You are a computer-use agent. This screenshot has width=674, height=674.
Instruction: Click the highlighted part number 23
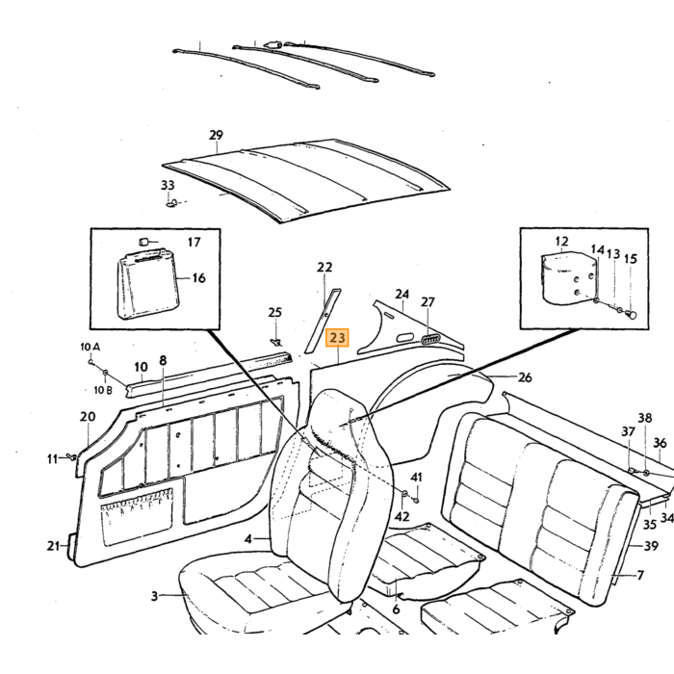pyautogui.click(x=337, y=338)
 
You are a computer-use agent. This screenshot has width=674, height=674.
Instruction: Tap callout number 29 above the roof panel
pyautogui.click(x=217, y=135)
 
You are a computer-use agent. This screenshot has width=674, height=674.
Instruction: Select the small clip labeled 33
pyautogui.click(x=171, y=201)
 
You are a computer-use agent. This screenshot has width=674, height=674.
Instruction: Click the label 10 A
pyautogui.click(x=91, y=347)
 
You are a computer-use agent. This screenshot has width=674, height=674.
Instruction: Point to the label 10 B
pyautogui.click(x=103, y=390)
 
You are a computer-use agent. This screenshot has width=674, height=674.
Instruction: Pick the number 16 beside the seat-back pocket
pyautogui.click(x=198, y=277)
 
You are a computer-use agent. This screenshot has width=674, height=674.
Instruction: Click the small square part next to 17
pyautogui.click(x=144, y=241)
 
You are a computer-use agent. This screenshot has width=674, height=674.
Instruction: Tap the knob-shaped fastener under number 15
pyautogui.click(x=631, y=314)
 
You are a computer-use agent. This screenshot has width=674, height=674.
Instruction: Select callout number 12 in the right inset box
pyautogui.click(x=561, y=242)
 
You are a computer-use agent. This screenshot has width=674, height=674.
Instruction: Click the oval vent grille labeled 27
pyautogui.click(x=429, y=340)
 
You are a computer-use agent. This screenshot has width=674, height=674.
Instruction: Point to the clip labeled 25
pyautogui.click(x=276, y=342)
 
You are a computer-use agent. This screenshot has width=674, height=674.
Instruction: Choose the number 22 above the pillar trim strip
pyautogui.click(x=324, y=268)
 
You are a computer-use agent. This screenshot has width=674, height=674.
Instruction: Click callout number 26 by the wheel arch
pyautogui.click(x=525, y=377)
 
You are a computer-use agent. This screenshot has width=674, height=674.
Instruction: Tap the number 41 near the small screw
pyautogui.click(x=416, y=478)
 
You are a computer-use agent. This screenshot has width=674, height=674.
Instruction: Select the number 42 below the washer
pyautogui.click(x=402, y=516)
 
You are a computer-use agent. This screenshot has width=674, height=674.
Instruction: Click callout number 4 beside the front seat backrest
pyautogui.click(x=248, y=538)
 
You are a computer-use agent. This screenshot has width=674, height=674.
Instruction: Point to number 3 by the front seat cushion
pyautogui.click(x=154, y=596)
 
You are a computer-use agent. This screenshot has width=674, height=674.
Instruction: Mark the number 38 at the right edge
pyautogui.click(x=645, y=418)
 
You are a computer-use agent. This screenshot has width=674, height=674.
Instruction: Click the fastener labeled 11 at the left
pyautogui.click(x=71, y=456)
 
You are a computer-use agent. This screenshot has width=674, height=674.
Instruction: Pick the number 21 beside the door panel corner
pyautogui.click(x=53, y=546)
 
